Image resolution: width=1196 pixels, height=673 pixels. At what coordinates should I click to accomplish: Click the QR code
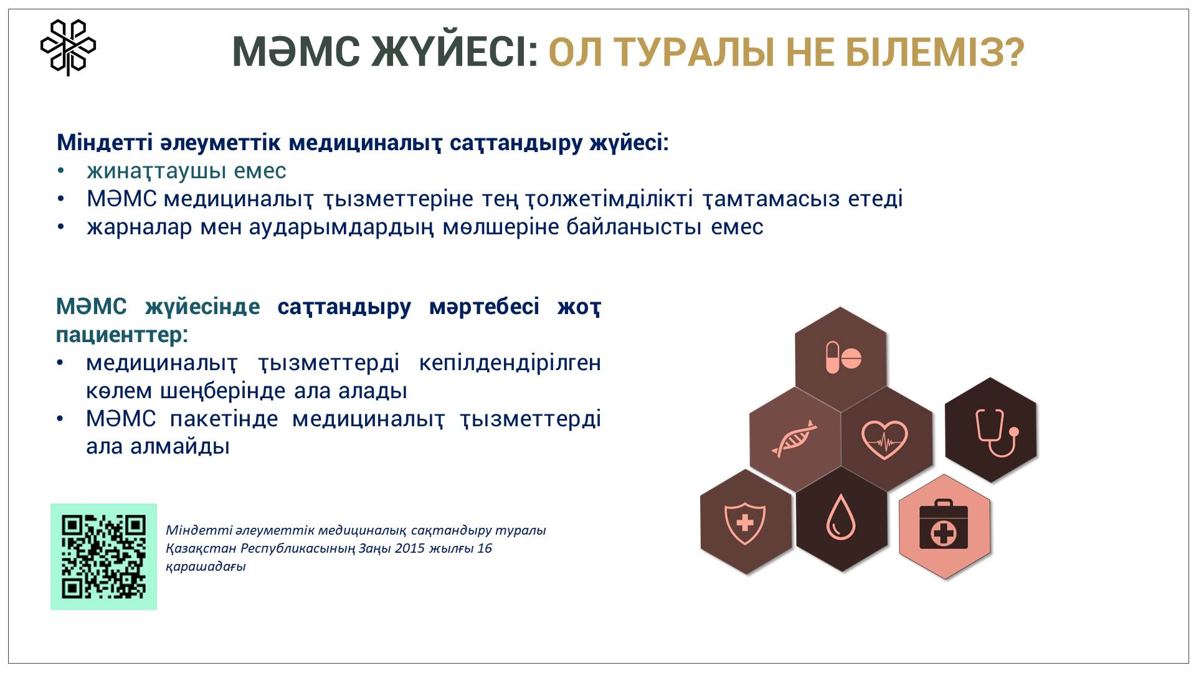coord(103,556)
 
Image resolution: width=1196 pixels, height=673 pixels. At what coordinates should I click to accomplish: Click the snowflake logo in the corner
coord(68,47)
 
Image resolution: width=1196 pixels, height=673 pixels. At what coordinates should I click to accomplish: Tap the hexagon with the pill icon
coord(841,359)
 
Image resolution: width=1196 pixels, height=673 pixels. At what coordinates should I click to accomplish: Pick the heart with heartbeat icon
coord(885,439)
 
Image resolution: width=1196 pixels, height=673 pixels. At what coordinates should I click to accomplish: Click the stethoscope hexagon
coord(991,430)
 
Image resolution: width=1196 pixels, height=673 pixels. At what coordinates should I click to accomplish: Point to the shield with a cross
coord(746,522)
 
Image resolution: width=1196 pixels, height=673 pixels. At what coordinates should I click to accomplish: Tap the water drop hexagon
coord(842,518)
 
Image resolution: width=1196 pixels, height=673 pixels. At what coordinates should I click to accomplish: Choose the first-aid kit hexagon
coord(944,527)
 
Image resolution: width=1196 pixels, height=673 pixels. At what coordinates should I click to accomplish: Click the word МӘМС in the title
coord(296,52)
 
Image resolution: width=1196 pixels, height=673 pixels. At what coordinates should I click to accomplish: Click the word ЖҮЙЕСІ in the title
coord(455,52)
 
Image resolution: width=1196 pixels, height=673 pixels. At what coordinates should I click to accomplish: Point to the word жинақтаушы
coord(156,171)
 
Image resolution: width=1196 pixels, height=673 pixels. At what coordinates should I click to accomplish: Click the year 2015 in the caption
coord(409,548)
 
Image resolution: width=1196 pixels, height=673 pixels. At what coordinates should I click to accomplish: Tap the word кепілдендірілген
coord(510,363)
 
